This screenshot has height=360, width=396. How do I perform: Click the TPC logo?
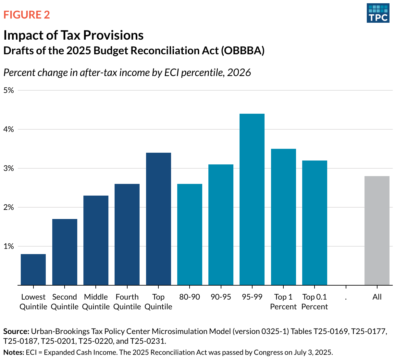pos(378,13)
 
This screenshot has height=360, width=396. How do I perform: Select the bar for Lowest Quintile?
pos(33,270)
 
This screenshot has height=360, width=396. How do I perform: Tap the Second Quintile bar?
pos(65,252)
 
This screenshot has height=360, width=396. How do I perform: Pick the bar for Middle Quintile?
pos(96,240)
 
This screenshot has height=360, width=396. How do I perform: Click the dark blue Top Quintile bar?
pos(158,219)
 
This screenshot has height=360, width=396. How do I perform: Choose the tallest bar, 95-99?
pos(252,199)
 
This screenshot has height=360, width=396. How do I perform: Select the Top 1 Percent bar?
pos(283,217)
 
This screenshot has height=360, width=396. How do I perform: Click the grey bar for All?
pos(377,231)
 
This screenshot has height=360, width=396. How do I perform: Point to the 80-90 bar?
pos(190,235)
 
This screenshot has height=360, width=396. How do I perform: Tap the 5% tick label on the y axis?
pos(9,90)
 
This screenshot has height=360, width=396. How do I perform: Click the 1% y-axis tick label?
pos(9,246)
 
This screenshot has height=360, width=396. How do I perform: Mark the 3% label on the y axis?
pos(9,168)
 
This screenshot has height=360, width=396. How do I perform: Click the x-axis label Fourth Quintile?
pos(127,302)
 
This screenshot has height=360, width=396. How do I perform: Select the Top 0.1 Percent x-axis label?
pos(315,302)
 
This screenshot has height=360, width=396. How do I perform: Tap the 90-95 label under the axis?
pos(221,297)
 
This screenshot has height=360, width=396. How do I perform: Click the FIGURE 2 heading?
pos(27,15)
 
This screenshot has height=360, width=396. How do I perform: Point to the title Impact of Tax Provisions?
pos(73,35)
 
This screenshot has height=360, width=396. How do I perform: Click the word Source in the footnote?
pos(16,331)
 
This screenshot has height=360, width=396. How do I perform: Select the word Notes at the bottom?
pos(13,352)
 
